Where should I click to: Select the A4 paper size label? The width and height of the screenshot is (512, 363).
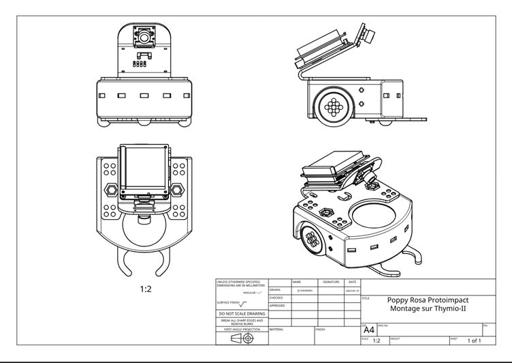click(368, 330)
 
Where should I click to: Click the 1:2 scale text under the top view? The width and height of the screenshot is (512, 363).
click(146, 289)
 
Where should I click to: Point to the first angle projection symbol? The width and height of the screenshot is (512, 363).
click(242, 337)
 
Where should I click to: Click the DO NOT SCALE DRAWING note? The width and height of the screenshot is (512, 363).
click(242, 313)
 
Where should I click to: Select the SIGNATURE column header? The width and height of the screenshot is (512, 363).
click(331, 282)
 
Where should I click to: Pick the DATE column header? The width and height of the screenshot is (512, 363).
click(352, 282)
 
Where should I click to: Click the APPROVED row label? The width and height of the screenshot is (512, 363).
click(277, 306)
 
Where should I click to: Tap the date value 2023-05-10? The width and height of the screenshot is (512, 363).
click(352, 290)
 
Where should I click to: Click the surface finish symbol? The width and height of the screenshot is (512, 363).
click(244, 303)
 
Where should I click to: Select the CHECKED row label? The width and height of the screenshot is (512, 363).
click(276, 297)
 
